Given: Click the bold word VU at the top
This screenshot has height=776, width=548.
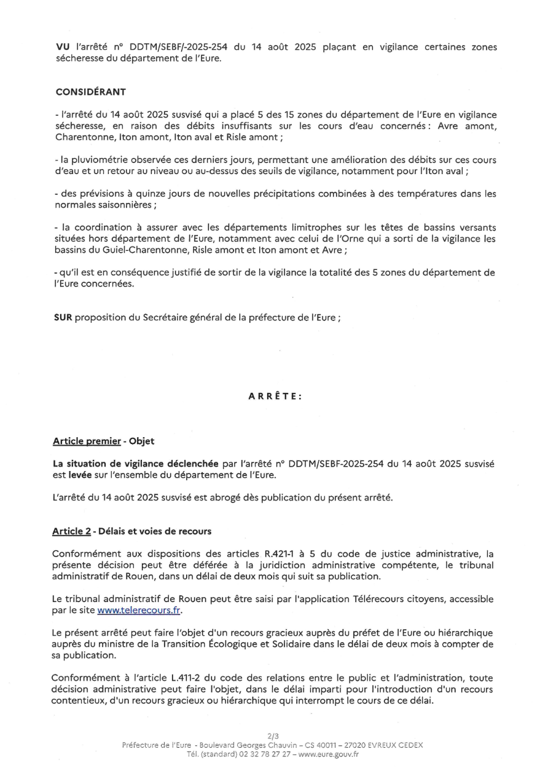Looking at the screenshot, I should pos(62,47).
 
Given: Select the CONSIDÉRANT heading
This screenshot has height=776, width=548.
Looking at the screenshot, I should pos(90,92).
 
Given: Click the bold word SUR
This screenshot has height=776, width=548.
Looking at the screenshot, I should pos(63,319).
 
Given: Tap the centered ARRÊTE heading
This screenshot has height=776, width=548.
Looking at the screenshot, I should pos(275,397).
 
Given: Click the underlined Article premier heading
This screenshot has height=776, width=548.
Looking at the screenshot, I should pos(87,441).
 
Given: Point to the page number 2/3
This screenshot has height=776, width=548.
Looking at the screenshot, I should pos(273,735).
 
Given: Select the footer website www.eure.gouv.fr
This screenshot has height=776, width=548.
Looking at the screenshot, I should pos(329,755).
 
